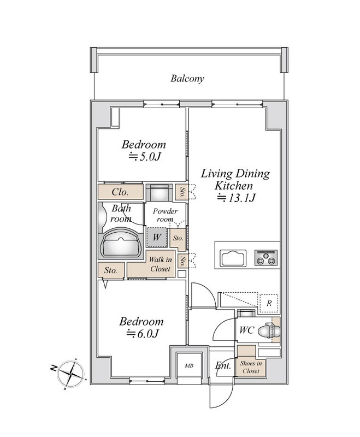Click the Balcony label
coord(187,78)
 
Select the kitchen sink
coord(233,258)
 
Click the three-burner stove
coord(266,257)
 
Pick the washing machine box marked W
coord(157,237)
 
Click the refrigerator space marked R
coord(269,303)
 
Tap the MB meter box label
coord(189,365)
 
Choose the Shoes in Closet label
coord(251,367)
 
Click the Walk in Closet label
coord(160,264)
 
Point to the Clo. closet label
coord(120,192)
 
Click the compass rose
coord(72,374)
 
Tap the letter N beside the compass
coord(54,368)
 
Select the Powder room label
coord(165,215)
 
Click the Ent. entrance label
coord(223,365)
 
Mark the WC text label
coord(247,330)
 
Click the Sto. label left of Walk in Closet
coord(110,270)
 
